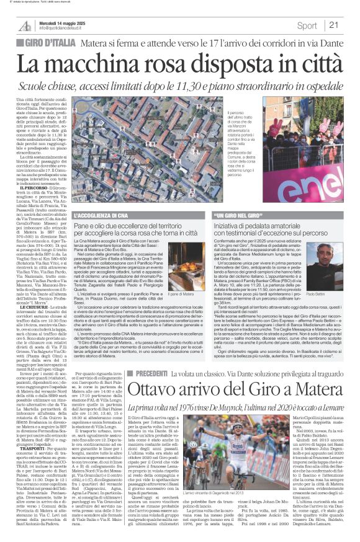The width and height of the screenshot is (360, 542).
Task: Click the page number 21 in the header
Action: click(334, 25)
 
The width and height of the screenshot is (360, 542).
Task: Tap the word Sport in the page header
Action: click(307, 25)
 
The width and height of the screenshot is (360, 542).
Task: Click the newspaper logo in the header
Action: click(25, 25)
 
